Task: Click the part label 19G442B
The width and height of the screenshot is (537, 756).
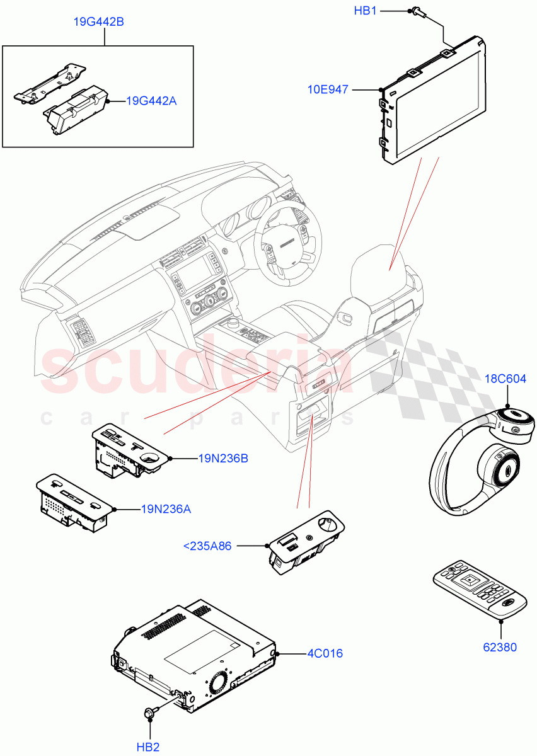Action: (98, 22)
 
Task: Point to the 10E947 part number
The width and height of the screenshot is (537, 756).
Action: (328, 90)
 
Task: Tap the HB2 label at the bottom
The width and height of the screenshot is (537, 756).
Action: (148, 747)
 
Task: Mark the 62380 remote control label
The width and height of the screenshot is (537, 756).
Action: (500, 647)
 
